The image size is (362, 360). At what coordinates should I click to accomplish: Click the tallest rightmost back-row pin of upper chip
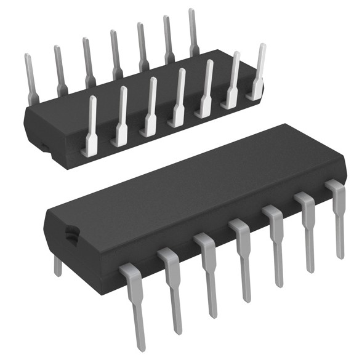click(x=193, y=31)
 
